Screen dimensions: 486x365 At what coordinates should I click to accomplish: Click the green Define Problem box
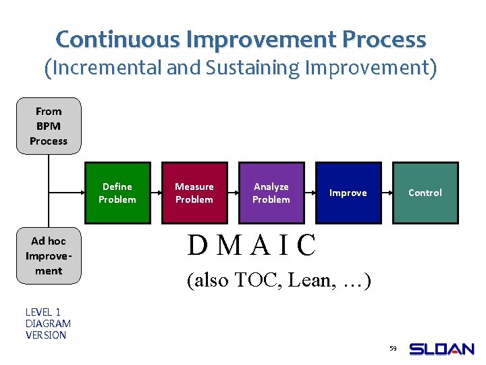(x=117, y=193)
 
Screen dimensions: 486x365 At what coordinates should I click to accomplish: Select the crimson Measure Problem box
(x=194, y=193)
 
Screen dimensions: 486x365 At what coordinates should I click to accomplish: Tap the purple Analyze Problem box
(x=271, y=193)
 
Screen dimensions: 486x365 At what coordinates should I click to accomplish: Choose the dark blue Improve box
(x=348, y=193)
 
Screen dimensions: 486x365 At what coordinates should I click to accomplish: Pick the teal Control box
(x=425, y=193)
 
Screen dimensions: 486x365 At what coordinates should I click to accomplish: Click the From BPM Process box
(x=49, y=126)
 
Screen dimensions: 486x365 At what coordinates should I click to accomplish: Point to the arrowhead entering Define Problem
(x=81, y=193)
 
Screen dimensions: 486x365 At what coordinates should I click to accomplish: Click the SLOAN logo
(x=442, y=349)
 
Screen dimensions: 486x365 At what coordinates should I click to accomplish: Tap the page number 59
(x=393, y=349)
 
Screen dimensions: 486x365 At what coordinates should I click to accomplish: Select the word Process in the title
(x=384, y=39)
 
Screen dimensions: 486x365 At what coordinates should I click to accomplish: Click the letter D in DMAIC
(x=198, y=246)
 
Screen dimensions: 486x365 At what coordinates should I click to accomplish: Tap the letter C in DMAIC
(x=306, y=246)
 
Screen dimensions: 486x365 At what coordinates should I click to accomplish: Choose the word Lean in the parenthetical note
(x=308, y=280)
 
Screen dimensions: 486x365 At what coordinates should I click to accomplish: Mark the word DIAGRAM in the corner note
(x=48, y=323)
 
